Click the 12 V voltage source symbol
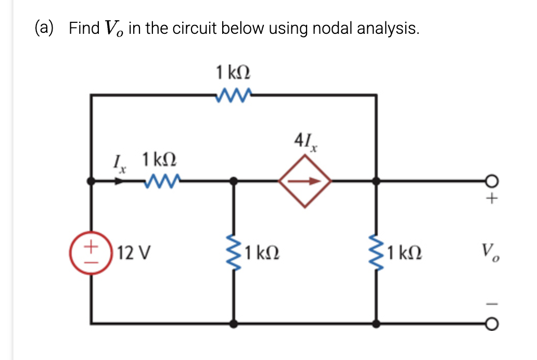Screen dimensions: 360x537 (92, 253)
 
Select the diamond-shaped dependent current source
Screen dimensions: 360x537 (304, 182)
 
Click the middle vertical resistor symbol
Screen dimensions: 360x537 (234, 253)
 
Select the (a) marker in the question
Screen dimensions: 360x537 (44, 28)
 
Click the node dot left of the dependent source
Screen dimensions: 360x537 (234, 182)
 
